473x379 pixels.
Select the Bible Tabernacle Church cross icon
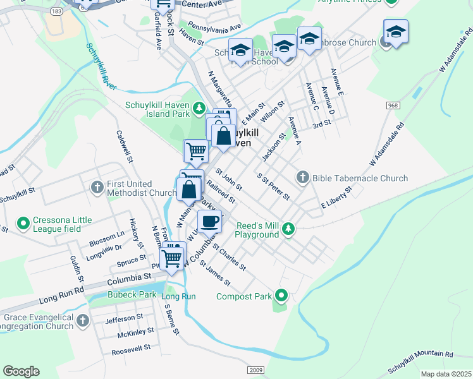pos(302,178)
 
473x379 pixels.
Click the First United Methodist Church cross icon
pos(97,187)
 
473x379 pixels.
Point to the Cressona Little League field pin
pos(23,223)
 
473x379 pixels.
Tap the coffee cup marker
pos(209,222)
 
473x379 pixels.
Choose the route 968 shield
pos(393,105)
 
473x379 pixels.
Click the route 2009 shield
pos(256,370)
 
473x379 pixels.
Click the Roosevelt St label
pos(130,347)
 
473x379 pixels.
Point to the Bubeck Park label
pos(121,294)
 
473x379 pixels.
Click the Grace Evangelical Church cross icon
pos(82,322)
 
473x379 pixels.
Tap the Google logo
pos(21,371)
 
